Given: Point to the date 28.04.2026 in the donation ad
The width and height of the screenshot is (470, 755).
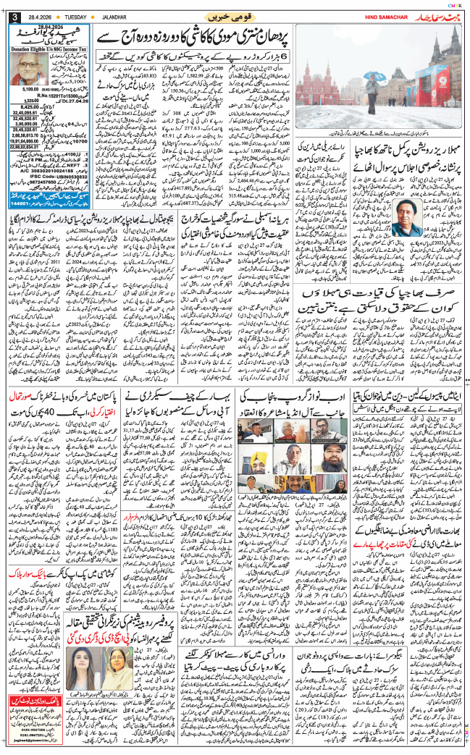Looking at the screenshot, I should click(x=44, y=27).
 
